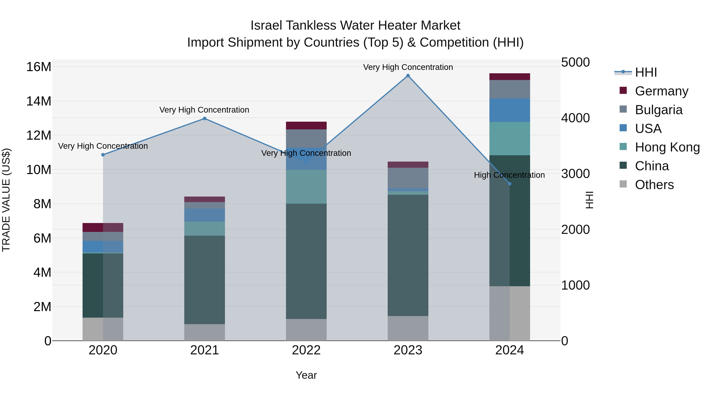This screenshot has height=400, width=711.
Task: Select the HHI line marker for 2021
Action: [x=205, y=119]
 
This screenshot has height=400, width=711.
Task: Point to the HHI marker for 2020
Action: [x=103, y=155]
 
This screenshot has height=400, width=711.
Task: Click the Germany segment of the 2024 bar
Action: [x=510, y=77]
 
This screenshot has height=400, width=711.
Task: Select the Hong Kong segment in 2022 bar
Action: [x=306, y=187]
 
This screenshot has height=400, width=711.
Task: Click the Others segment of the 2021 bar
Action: [x=205, y=332]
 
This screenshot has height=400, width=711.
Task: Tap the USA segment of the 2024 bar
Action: [x=510, y=110]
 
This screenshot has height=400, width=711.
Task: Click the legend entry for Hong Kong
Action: [x=667, y=147]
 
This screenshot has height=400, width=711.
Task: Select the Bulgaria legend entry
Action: [x=658, y=110]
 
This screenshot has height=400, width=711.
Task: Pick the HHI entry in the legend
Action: [x=646, y=72]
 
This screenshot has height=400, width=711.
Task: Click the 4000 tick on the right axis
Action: [x=576, y=118]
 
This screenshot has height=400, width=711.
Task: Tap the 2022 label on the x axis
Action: [x=306, y=350]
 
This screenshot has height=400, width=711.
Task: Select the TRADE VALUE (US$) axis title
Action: [x=6, y=200]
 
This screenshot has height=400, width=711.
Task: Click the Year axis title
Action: [x=306, y=375]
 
